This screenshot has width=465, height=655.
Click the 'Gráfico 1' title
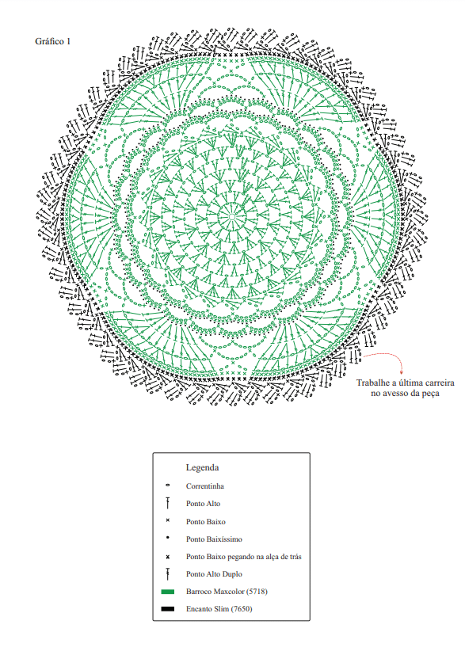pyautogui.click(x=52, y=41)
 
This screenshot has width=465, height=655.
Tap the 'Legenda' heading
pyautogui.click(x=202, y=467)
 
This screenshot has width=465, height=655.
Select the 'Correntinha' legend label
pyautogui.click(x=204, y=486)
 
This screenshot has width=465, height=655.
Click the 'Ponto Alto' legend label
pyautogui.click(x=203, y=504)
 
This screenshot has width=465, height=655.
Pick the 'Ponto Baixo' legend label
pyautogui.click(x=205, y=522)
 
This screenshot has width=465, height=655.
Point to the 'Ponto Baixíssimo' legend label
pyautogui.click(x=214, y=539)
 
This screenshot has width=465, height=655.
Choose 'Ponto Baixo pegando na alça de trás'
pyautogui.click(x=243, y=557)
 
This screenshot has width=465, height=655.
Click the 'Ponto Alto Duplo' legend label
pyautogui.click(x=214, y=574)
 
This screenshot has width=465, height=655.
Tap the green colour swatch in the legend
pyautogui.click(x=167, y=592)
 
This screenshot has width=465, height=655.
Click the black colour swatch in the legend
pyautogui.click(x=167, y=609)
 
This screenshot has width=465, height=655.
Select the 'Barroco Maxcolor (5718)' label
pyautogui.click(x=227, y=592)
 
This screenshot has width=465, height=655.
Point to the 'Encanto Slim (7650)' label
pyautogui.click(x=219, y=609)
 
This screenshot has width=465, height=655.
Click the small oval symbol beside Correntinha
pyautogui.click(x=167, y=486)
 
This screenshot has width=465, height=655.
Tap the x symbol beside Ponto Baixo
pyautogui.click(x=167, y=520)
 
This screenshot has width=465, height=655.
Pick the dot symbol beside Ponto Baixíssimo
pyautogui.click(x=167, y=538)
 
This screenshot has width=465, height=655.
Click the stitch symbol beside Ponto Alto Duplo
pyautogui.click(x=167, y=574)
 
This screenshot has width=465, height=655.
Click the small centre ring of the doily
pyautogui.click(x=232, y=217)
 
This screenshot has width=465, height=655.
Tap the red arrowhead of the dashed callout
pyautogui.click(x=402, y=372)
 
